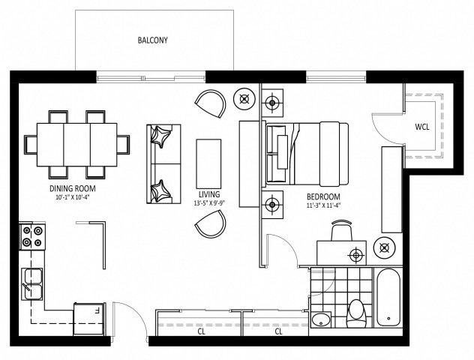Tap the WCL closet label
[422, 126]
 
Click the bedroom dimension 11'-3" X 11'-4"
[323, 204]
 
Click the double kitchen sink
[32, 283]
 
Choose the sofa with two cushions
[163, 163]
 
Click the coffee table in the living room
[208, 162]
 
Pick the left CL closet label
[201, 330]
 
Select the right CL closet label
[278, 330]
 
